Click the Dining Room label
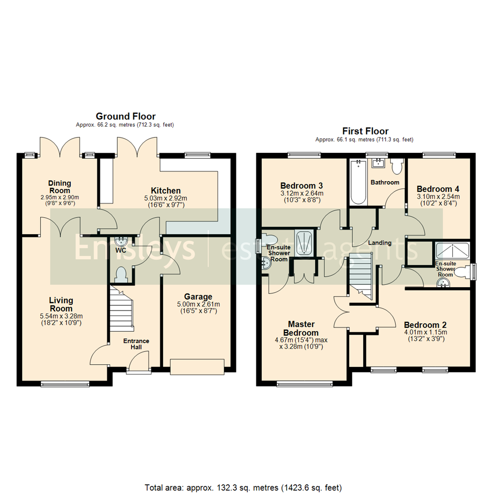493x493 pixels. click(x=59, y=187)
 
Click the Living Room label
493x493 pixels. click(x=61, y=304)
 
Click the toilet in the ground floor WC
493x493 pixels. click(x=121, y=275)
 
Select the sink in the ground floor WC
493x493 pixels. click(x=122, y=241)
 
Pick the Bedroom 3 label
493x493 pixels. click(x=301, y=186)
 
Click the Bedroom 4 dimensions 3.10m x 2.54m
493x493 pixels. click(x=438, y=197)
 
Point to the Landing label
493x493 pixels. click(x=380, y=243)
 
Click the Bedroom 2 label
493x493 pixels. click(x=425, y=325)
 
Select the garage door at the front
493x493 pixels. click(x=197, y=367)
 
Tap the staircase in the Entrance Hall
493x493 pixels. click(x=121, y=311)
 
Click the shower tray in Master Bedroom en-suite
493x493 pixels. click(x=304, y=242)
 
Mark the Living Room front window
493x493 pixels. click(x=65, y=384)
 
